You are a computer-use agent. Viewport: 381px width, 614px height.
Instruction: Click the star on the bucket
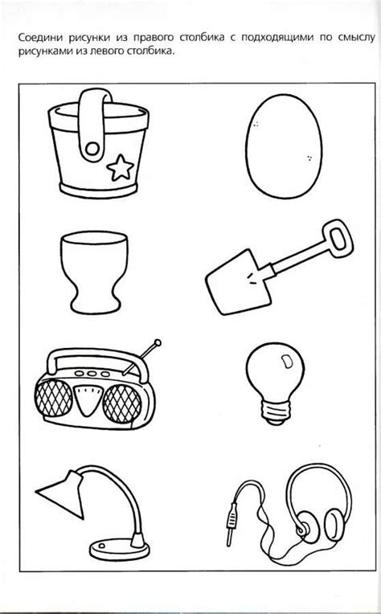point(121,168)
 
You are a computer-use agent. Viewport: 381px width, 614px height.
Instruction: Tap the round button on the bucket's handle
point(92,149)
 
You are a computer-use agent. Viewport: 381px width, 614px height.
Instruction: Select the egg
point(284,145)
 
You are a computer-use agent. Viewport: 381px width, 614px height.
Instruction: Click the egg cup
point(94,272)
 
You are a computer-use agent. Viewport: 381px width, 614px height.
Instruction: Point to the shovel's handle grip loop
point(337,239)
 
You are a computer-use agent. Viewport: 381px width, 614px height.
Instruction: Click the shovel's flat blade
point(239,281)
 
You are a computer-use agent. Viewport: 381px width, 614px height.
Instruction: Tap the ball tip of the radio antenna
point(158,342)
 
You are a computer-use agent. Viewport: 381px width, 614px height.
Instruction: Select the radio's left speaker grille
point(54,399)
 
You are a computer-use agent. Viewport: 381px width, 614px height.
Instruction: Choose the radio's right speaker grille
point(122,403)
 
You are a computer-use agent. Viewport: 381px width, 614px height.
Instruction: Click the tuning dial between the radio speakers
point(88,400)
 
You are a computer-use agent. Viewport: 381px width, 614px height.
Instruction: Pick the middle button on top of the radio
point(92,374)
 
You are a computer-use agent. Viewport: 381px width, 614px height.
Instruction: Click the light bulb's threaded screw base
point(275,413)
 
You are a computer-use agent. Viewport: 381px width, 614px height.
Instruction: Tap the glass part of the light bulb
point(275,373)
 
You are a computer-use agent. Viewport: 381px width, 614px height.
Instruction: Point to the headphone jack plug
point(231,523)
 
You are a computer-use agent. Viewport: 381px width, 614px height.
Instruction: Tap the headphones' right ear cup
point(335,525)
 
